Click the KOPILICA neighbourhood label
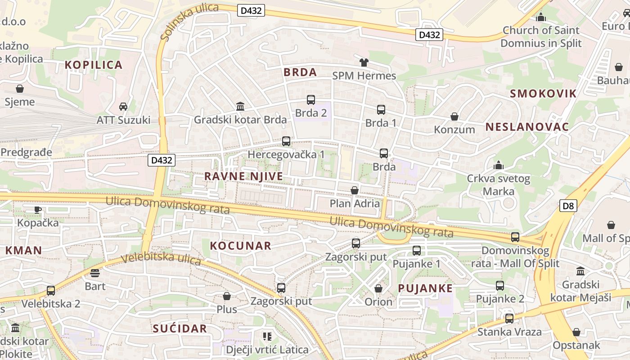(94, 65)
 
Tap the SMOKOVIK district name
(543, 94)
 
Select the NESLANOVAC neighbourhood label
(527, 127)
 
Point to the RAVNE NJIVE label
(244, 176)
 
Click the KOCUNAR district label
(241, 246)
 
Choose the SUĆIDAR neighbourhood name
(180, 328)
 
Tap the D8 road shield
(568, 206)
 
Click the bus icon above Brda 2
(310, 100)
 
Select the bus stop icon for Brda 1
(381, 109)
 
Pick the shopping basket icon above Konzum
(454, 117)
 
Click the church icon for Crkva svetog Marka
(498, 166)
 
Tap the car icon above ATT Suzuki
(123, 107)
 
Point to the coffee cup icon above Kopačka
(38, 210)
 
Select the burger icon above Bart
(94, 273)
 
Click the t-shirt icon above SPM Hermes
(364, 63)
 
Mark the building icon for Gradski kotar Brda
(240, 107)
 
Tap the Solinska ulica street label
(189, 21)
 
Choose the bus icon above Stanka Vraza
(509, 319)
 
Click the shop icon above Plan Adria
(355, 190)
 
